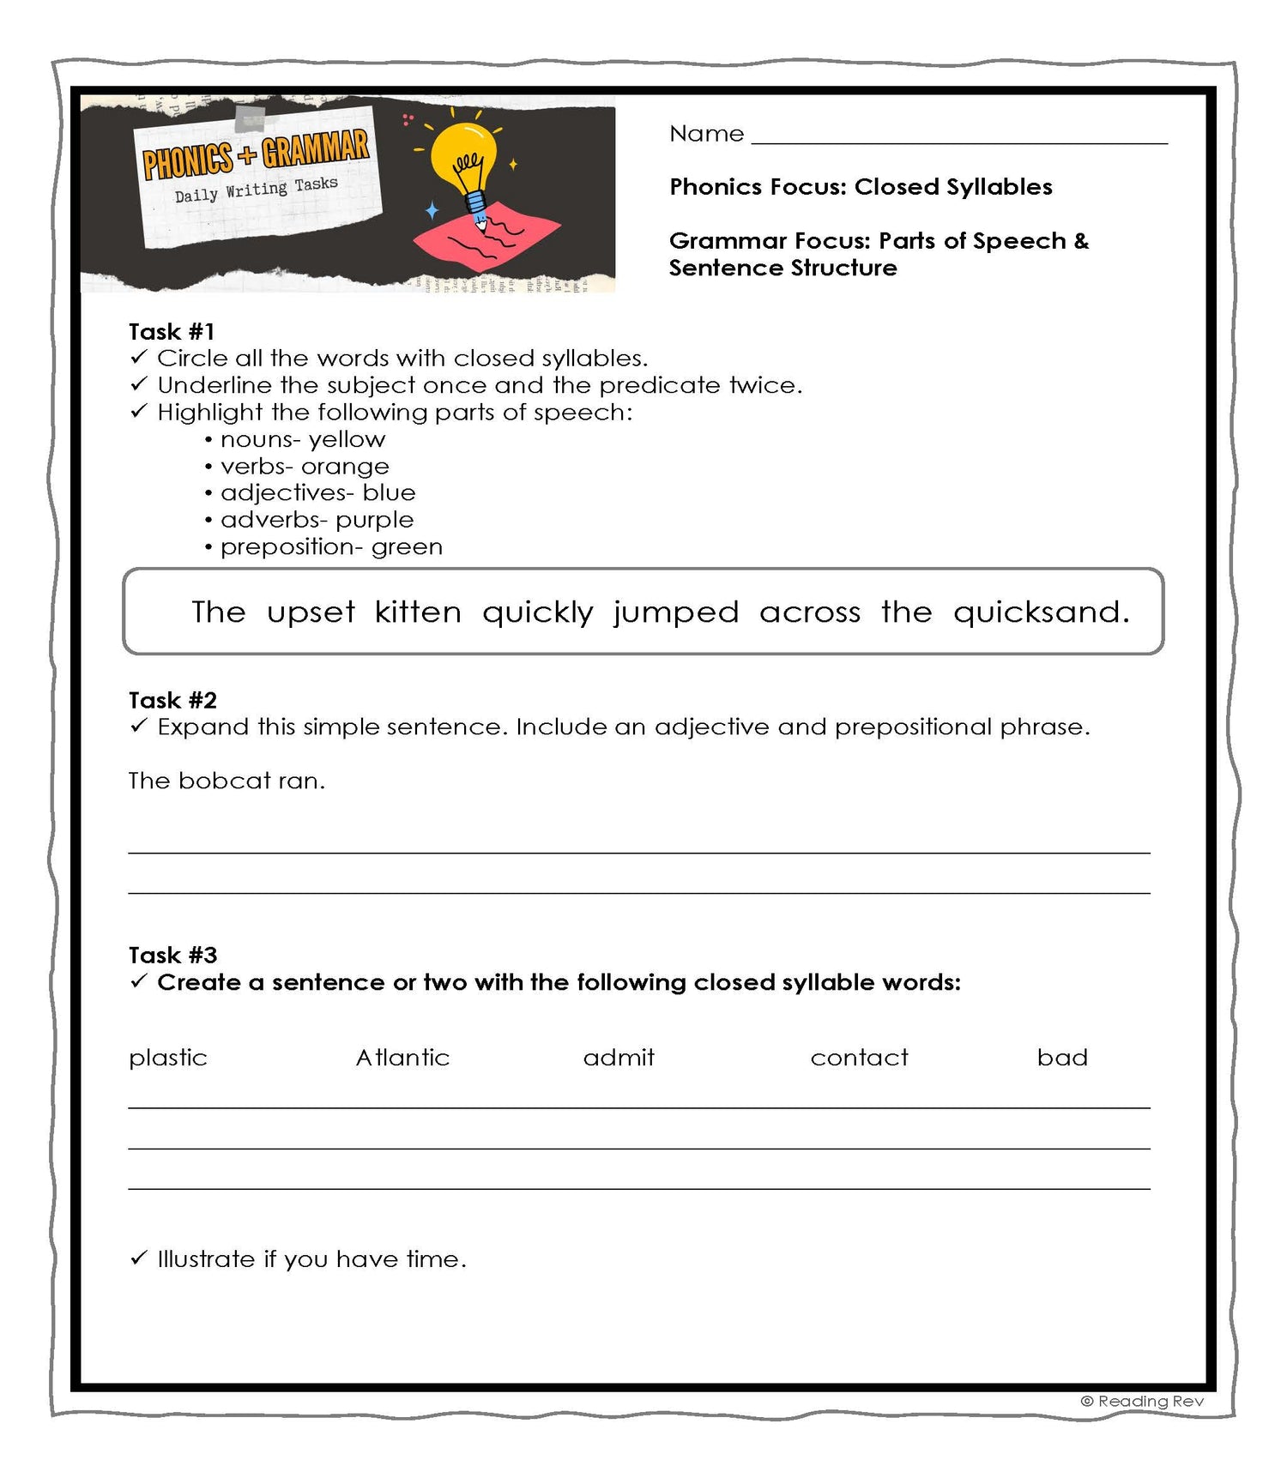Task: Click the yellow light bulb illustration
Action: (463, 163)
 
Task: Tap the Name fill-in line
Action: (958, 137)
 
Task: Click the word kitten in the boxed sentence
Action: (418, 612)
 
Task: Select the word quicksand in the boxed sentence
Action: (1040, 612)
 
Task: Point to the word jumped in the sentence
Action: (675, 612)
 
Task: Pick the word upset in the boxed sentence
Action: (311, 612)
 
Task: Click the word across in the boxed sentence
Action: (809, 612)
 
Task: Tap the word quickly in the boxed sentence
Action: (537, 612)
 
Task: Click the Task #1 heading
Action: (172, 332)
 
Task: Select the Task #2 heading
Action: (172, 700)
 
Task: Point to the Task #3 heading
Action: (172, 955)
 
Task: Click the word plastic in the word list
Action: (168, 1058)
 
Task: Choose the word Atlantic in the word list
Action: (402, 1058)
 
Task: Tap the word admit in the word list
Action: (619, 1058)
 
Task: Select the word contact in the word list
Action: (859, 1058)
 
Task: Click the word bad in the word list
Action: (1062, 1058)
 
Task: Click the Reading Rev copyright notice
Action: (1142, 1401)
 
